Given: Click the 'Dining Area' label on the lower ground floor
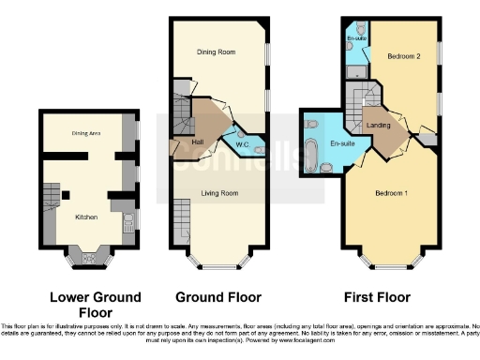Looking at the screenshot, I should [x=86, y=133].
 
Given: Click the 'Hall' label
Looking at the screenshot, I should [x=198, y=142].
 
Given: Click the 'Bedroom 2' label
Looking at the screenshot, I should [x=404, y=56].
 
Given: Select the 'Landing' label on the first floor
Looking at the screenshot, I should [x=379, y=125].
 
